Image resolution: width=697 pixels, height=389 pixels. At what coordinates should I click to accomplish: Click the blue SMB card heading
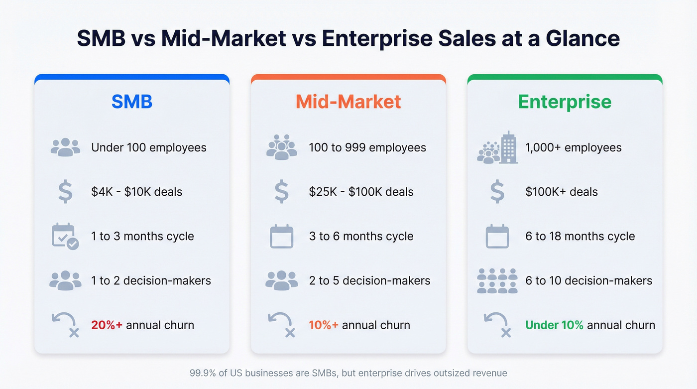[x=132, y=102]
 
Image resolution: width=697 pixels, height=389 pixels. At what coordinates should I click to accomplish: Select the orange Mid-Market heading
[x=348, y=102]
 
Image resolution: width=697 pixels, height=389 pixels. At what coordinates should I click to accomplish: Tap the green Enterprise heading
[x=565, y=102]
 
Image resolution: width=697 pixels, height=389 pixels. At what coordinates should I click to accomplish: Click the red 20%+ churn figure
[x=107, y=325]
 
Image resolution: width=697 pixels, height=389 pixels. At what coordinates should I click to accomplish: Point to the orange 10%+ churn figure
[x=324, y=325]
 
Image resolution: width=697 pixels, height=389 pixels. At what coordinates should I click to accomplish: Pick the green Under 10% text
[x=554, y=325]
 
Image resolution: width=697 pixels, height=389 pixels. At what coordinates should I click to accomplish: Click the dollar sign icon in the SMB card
[x=65, y=192]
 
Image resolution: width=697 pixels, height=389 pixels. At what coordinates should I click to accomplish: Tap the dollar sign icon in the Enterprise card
[x=497, y=192]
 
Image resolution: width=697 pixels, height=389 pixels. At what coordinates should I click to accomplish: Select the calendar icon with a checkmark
[x=65, y=237]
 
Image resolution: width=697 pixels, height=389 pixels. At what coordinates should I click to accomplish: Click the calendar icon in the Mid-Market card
[x=282, y=237]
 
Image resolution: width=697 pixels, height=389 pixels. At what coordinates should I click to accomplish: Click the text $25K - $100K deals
[x=361, y=192]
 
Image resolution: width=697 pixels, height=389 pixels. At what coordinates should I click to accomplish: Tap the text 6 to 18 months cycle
[x=580, y=236]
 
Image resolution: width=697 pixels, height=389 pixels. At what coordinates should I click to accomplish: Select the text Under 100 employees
[x=148, y=147]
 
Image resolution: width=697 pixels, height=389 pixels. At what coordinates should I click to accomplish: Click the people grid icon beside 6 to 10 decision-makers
[x=497, y=281]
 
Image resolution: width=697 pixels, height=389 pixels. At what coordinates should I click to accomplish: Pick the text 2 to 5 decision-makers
[x=369, y=281]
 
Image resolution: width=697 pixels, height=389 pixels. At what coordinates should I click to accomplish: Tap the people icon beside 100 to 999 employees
[x=281, y=147]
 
